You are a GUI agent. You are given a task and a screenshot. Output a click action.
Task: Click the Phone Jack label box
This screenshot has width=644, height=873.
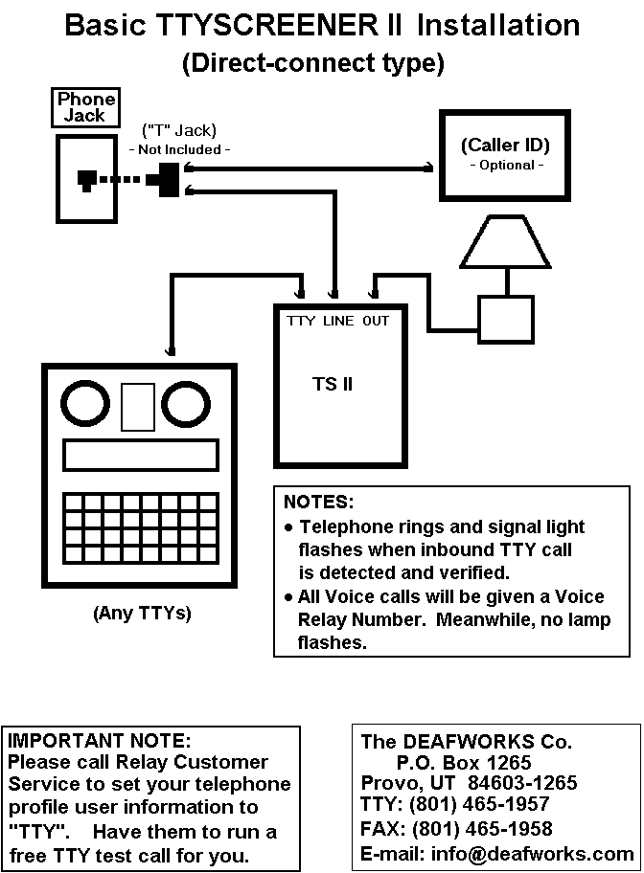(86, 107)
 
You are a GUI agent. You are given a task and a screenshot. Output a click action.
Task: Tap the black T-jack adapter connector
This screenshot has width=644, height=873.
(168, 179)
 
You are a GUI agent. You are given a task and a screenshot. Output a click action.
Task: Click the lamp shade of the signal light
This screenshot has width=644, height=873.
(505, 242)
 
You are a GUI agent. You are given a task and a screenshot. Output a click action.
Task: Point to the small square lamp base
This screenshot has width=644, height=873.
(505, 312)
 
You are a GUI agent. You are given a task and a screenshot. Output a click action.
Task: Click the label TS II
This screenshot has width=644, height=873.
(333, 384)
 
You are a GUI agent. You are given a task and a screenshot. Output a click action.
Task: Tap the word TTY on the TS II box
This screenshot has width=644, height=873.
(301, 321)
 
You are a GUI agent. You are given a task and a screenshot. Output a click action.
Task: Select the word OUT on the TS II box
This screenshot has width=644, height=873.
(376, 321)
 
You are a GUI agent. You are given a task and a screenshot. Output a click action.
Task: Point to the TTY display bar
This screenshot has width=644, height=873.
(140, 455)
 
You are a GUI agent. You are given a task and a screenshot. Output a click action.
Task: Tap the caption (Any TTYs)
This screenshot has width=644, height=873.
(141, 614)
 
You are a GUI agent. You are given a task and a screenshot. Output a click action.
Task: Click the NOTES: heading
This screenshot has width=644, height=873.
(319, 502)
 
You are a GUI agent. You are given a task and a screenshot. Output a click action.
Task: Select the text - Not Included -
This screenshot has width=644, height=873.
(180, 149)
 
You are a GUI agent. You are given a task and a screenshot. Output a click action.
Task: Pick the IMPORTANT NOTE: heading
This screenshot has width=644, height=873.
(100, 739)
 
